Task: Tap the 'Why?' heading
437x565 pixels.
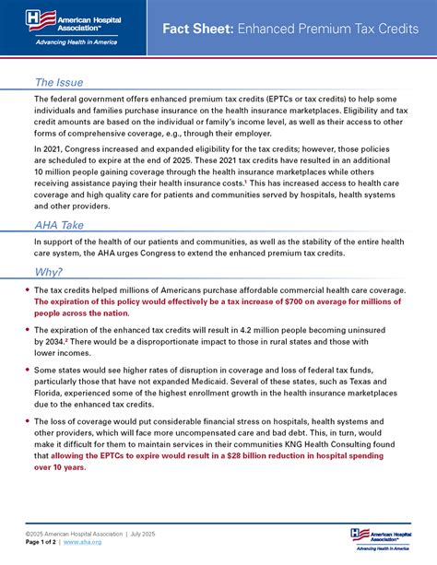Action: (x=49, y=272)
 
